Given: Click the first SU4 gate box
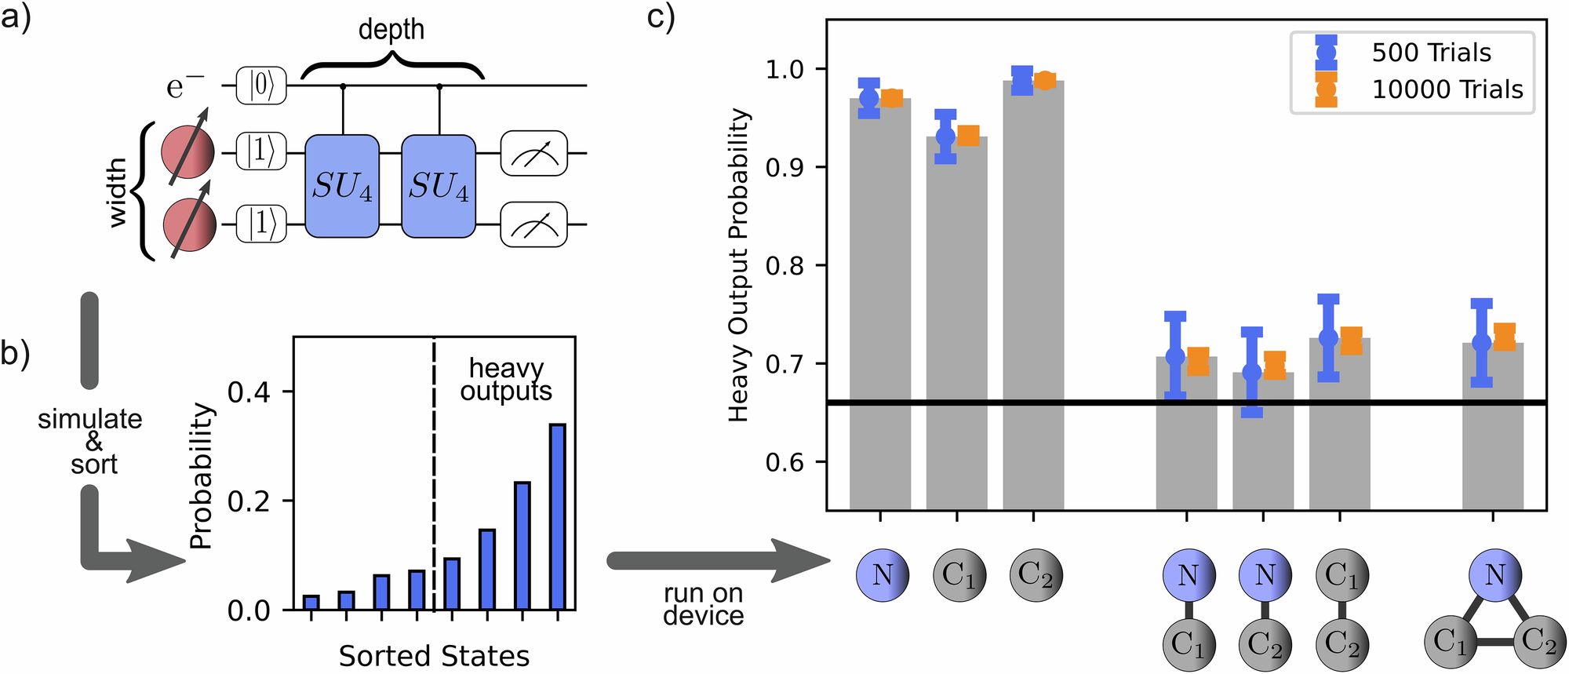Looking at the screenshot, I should (x=342, y=186).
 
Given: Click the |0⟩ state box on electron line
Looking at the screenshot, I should (x=261, y=86).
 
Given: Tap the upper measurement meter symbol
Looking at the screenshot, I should (x=533, y=153).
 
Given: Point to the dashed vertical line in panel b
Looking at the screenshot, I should (x=434, y=471).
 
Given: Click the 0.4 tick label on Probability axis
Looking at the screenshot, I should (x=249, y=392).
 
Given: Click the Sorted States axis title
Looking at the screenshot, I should (x=434, y=656).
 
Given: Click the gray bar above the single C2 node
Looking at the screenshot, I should (x=1033, y=298).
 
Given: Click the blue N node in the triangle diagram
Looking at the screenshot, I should (x=1495, y=575).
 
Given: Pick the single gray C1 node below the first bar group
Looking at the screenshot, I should (x=959, y=575).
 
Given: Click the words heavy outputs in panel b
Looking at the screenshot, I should (x=506, y=379).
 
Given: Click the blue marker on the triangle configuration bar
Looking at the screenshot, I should (x=1481, y=343).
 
